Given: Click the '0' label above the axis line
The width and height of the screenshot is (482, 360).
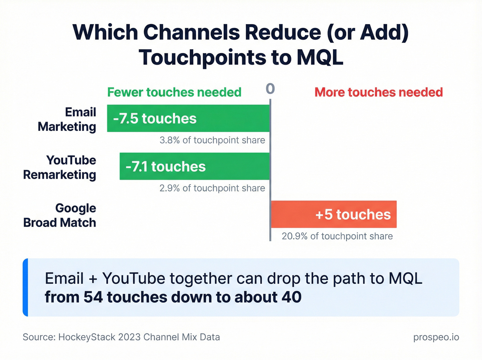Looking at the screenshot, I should pos(270,89).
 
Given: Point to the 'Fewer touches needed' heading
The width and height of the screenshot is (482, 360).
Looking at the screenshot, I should pos(174,92).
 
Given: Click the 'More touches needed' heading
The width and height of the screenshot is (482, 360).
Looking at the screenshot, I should pos(378,92).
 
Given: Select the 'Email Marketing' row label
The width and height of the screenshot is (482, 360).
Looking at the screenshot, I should pos(67,120).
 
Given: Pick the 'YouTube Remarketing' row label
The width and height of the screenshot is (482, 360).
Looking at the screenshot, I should pos(60,167).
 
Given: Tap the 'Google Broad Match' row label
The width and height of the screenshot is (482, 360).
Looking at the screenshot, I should pos(60,215).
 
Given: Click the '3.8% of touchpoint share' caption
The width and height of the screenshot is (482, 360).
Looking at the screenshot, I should pos(212,140).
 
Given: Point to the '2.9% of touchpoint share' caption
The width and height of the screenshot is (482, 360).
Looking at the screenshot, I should pos(212,188).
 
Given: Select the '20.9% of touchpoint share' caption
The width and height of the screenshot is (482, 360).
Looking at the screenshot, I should pos(337,236).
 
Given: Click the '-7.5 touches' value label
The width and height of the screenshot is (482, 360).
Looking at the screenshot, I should pos(155,119).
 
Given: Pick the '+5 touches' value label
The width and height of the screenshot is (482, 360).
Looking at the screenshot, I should pos(353,214).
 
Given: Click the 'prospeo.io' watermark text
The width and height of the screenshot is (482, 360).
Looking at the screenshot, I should pos(436,337).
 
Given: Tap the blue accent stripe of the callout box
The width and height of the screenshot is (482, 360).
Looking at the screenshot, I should pos(25,287).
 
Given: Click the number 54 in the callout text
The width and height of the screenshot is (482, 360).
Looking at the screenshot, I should pos(93,297).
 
